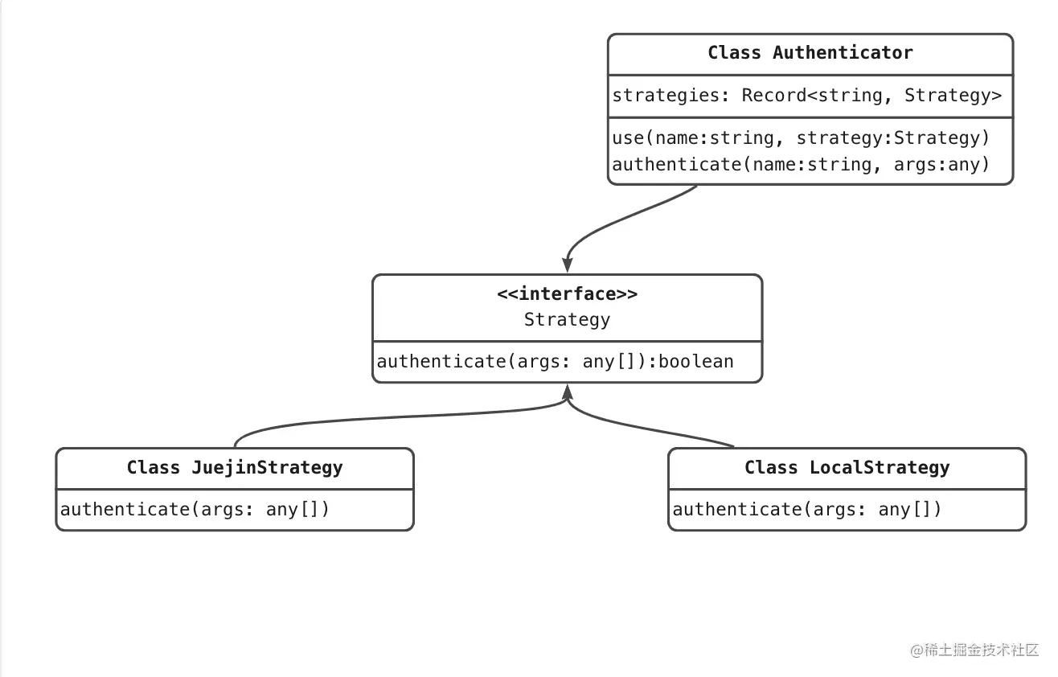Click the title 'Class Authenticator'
[x=810, y=53]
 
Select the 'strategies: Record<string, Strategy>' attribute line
[x=807, y=96]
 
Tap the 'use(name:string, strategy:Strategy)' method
[x=801, y=138]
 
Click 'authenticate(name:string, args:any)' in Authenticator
[x=801, y=165]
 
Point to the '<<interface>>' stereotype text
[x=567, y=294]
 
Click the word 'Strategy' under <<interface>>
[x=567, y=320]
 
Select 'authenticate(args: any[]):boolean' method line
[x=555, y=362]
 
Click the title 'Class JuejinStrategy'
[x=234, y=468]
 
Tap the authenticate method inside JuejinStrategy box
[x=195, y=510]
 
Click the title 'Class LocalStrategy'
[x=847, y=468]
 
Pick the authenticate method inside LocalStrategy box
[x=806, y=510]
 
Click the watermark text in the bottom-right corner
[x=974, y=650]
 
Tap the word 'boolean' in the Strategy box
[x=696, y=362]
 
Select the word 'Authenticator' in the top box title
[x=843, y=53]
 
